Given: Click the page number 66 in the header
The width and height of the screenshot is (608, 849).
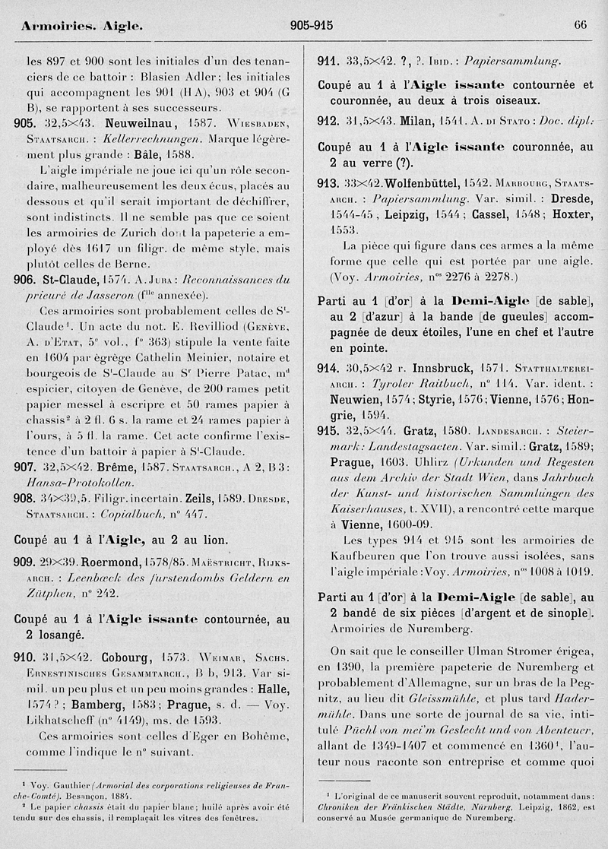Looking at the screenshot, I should (580, 25).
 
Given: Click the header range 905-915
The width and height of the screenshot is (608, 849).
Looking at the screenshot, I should (312, 25).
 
